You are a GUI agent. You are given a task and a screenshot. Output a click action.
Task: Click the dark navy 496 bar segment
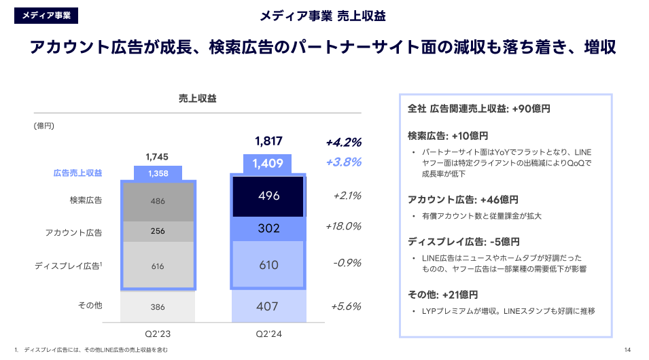pos(268,196)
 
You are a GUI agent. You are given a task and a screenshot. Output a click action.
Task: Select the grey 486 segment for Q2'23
pos(158,201)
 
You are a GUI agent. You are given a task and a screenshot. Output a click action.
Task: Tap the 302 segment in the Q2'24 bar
pos(268,229)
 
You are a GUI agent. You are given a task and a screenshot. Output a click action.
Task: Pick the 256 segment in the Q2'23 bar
pos(158,231)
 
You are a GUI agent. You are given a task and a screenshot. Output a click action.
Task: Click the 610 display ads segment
pos(268,265)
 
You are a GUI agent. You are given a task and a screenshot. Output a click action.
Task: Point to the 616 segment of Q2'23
pos(158,266)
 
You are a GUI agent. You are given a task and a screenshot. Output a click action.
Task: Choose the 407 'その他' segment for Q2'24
pos(268,306)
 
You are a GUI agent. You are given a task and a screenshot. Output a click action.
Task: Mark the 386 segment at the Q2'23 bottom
pos(158,307)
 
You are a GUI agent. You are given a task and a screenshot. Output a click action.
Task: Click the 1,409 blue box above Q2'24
pos(268,163)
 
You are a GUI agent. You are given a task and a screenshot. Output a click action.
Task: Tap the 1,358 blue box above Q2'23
pos(158,173)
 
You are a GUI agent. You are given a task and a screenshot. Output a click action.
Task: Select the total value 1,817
pos(268,141)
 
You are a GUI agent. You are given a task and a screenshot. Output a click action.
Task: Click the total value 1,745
pos(157,157)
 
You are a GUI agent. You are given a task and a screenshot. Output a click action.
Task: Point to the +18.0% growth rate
pos(343,226)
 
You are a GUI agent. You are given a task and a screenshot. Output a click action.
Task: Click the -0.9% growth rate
pos(347,263)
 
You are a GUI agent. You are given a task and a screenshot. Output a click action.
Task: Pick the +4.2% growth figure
pos(343,143)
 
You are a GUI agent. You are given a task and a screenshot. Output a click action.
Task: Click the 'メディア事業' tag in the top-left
pos(46,15)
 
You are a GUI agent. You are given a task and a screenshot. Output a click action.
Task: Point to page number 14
pos(627,350)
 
